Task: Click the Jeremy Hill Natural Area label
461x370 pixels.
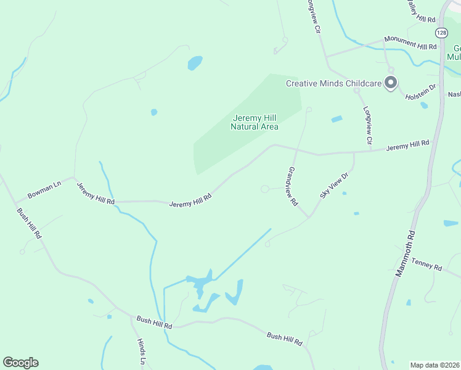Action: point(255,123)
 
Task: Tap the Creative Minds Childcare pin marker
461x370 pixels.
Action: point(390,83)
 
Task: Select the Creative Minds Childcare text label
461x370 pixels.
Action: point(333,83)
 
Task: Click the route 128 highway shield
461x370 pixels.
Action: point(441,32)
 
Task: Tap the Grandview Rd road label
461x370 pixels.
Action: point(293,186)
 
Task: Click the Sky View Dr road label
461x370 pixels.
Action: point(335,185)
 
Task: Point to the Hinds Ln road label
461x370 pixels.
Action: point(141,351)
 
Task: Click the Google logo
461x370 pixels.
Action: point(20,363)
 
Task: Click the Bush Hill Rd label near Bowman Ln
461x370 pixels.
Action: point(29,223)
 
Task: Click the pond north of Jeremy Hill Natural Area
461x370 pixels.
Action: point(195,62)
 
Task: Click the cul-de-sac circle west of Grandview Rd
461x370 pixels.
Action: point(265,189)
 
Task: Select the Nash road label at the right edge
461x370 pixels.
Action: point(454,94)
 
